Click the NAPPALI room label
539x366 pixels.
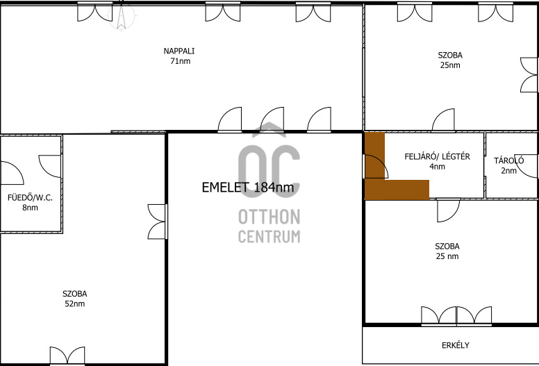[179, 51]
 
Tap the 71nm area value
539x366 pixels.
[180, 61]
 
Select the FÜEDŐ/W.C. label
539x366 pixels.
[31, 198]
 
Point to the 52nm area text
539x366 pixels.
[74, 303]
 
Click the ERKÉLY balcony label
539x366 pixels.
[455, 345]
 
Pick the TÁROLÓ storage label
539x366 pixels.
[508, 160]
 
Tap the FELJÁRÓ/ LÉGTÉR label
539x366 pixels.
[438, 157]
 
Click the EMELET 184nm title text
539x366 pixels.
[248, 188]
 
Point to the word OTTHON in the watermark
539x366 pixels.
[269, 217]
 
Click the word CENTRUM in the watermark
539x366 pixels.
[269, 236]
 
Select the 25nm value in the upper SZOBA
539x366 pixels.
[450, 65]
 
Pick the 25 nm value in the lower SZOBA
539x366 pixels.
[447, 256]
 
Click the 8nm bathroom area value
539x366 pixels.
[31, 208]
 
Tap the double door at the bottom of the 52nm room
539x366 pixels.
[67, 356]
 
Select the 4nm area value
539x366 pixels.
[438, 167]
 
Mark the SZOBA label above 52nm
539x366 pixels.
[74, 294]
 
